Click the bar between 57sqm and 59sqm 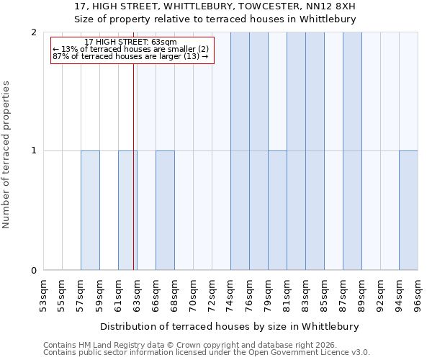(90, 210)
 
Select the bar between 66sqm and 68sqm (165, 210)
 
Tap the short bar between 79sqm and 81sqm (277, 210)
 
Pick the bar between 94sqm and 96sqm (408, 210)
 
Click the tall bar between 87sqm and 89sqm (352, 151)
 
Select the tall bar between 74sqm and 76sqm (240, 151)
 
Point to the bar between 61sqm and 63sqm (127, 210)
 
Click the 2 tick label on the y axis (34, 32)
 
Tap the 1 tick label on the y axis (34, 151)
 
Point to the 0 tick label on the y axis (34, 270)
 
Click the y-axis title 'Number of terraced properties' (7, 155)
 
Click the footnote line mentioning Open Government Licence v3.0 (207, 353)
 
